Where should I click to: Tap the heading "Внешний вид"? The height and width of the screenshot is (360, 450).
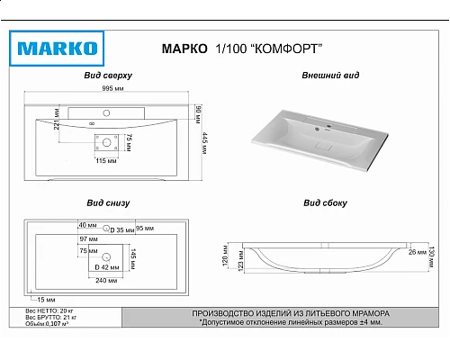tap(331, 76)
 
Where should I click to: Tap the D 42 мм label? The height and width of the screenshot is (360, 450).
tap(108, 268)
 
